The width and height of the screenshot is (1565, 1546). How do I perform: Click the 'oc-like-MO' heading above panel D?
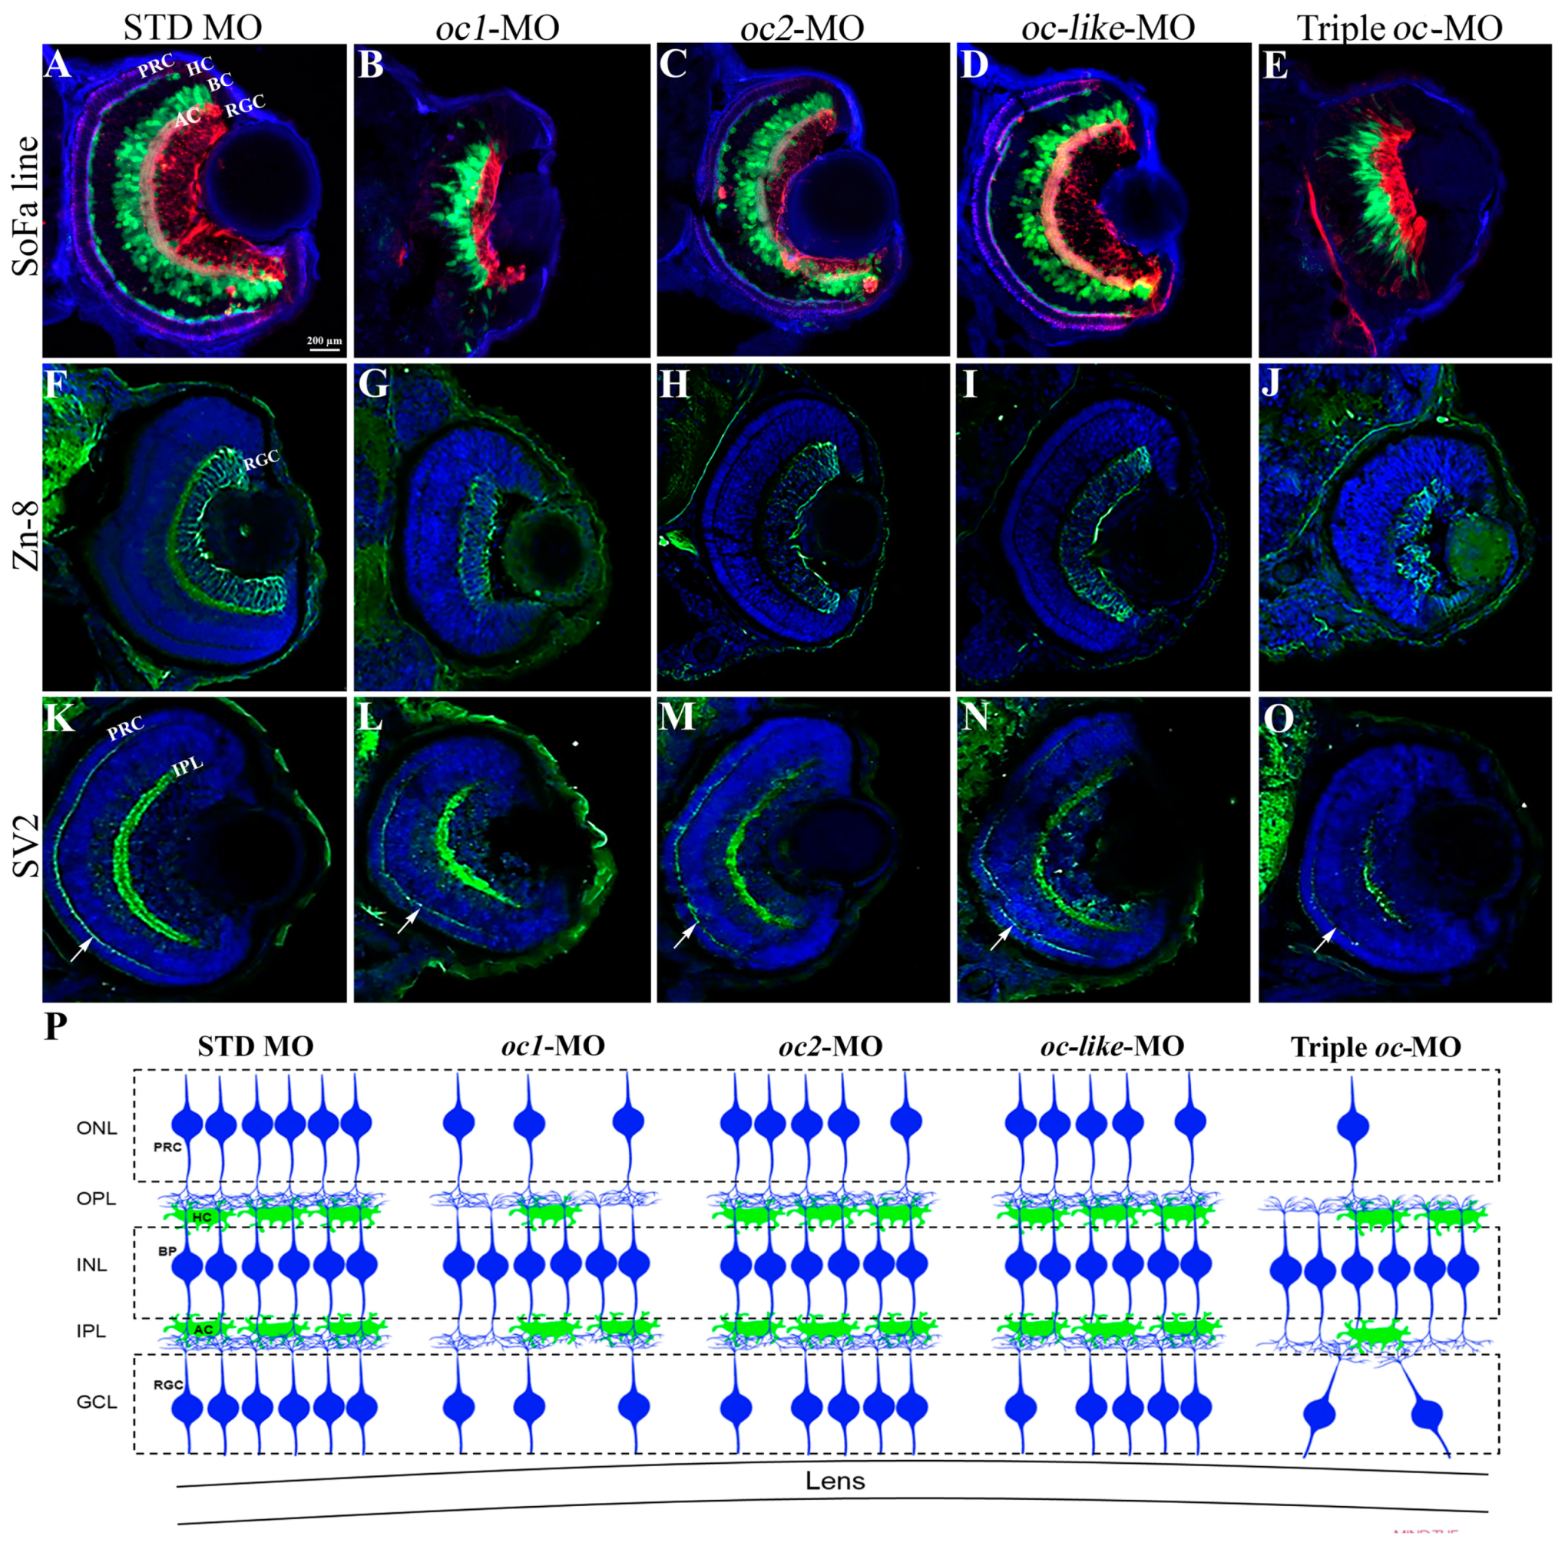(1107, 29)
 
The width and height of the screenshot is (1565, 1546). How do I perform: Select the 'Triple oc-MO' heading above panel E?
(1400, 29)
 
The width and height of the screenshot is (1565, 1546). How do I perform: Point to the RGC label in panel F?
(261, 459)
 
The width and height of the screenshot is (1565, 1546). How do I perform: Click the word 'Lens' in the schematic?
(835, 1482)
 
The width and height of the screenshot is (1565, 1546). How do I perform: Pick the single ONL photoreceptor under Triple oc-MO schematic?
(1352, 1128)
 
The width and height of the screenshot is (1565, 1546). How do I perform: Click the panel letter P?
(56, 1028)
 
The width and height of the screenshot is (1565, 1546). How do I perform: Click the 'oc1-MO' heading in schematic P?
(552, 1046)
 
